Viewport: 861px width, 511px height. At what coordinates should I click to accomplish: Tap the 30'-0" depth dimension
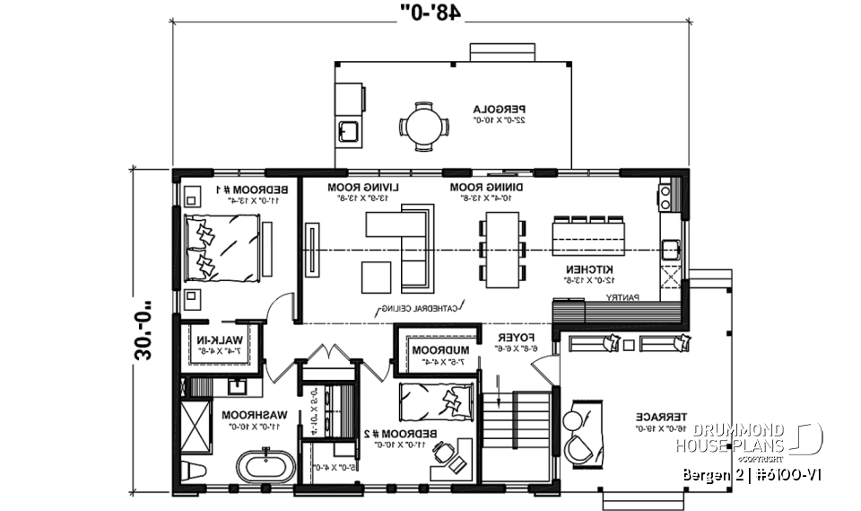point(143,327)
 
